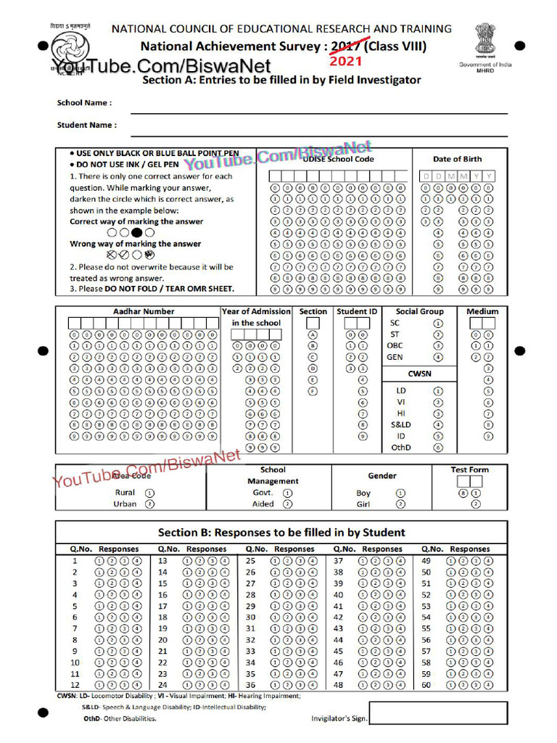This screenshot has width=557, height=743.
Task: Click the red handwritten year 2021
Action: [347, 62]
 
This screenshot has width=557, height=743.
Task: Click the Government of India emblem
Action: [485, 40]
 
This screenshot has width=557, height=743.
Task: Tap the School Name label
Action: [84, 103]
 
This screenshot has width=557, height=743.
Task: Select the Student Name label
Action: [86, 125]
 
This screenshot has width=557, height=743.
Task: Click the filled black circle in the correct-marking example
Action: [136, 232]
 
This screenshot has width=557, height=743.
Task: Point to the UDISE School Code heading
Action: [338, 159]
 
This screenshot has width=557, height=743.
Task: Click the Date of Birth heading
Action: [457, 159]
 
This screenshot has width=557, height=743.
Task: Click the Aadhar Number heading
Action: [144, 311]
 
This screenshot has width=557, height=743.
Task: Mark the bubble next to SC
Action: [438, 323]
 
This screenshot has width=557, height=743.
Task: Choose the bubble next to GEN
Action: [438, 357]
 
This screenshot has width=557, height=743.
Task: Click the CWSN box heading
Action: [420, 373]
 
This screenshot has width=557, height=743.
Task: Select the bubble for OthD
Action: [438, 448]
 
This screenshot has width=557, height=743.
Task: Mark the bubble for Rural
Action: [149, 492]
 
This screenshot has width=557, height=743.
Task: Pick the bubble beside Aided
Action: [287, 504]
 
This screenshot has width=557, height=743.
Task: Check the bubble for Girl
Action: [400, 504]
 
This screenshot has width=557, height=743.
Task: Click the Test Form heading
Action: [469, 469]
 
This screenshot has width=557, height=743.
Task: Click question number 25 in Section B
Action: [251, 561]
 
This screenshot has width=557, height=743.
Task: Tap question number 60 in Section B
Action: [426, 684]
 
